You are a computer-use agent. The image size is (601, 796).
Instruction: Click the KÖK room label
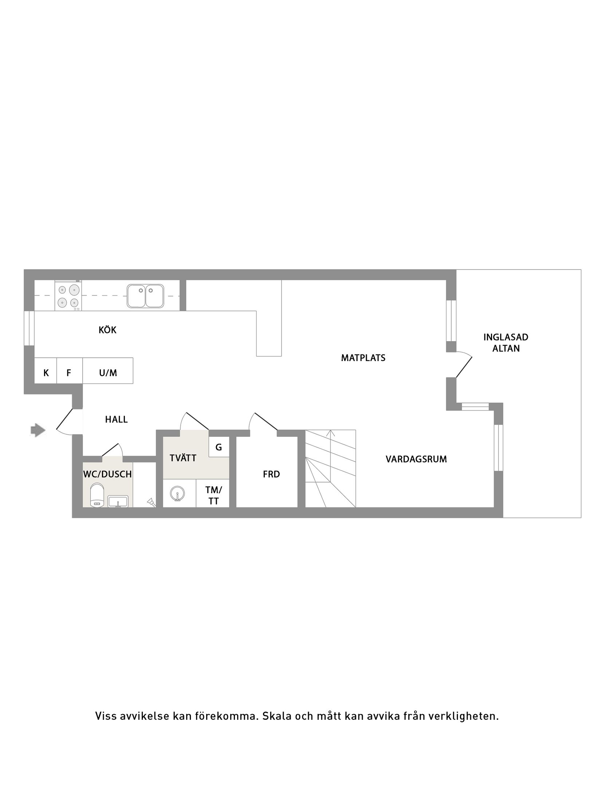click(x=107, y=330)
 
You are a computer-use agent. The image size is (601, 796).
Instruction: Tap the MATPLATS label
click(x=363, y=358)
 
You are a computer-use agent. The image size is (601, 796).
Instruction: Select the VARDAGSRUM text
click(x=416, y=459)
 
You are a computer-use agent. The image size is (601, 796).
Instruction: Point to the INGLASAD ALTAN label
click(x=506, y=342)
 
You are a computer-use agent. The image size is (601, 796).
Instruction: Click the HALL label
click(x=116, y=419)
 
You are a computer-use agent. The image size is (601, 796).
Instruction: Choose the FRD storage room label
click(x=271, y=474)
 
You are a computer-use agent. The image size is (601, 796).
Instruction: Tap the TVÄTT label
click(x=183, y=458)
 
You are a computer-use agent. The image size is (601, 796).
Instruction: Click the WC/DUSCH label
click(x=107, y=474)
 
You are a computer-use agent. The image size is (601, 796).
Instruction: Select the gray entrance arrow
click(x=38, y=430)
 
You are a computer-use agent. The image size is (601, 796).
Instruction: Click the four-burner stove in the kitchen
click(x=68, y=296)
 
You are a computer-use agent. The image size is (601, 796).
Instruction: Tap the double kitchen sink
click(x=145, y=296)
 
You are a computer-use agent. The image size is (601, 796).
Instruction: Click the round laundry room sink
click(x=177, y=494)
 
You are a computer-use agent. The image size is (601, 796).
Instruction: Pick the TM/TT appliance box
click(x=213, y=495)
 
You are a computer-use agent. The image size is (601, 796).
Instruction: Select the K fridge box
click(x=46, y=373)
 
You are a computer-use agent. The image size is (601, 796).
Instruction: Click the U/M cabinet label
click(x=108, y=373)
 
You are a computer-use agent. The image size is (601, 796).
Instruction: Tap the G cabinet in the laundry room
click(x=219, y=447)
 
